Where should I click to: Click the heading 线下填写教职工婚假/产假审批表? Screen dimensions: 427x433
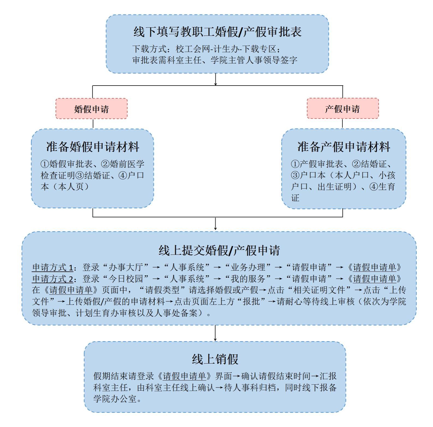217,32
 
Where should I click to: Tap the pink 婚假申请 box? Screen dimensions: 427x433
91,109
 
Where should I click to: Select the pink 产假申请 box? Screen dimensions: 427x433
342,109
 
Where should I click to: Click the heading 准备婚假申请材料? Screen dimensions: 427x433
93,147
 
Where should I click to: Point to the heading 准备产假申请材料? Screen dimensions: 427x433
344,147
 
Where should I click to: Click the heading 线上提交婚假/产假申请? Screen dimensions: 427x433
219,250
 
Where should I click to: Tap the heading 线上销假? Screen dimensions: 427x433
215,359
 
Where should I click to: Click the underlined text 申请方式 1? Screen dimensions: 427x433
52,267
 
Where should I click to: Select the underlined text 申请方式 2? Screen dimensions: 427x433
52,279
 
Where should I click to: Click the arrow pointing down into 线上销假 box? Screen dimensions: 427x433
215,334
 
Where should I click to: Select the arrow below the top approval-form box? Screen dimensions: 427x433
216,80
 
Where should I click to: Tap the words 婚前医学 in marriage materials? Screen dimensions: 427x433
127,164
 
